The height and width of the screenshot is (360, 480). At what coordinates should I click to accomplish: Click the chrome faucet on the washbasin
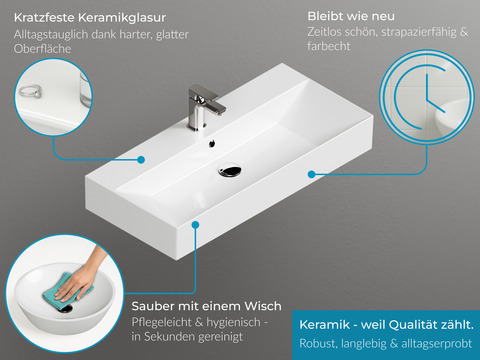click(203, 107)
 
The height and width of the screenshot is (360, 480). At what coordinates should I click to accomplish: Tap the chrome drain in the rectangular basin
click(230, 171)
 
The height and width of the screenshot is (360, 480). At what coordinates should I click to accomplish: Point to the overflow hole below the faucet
click(212, 143)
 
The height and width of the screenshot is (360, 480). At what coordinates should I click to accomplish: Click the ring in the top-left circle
click(30, 91)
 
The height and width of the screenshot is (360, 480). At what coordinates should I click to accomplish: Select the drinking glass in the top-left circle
click(85, 89)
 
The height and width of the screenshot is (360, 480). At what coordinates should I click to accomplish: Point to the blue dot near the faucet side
click(141, 160)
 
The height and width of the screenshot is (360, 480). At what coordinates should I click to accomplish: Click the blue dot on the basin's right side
click(312, 174)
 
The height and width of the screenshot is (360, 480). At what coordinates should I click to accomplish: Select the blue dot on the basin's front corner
click(196, 225)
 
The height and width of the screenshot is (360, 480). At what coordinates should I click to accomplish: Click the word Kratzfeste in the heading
click(45, 18)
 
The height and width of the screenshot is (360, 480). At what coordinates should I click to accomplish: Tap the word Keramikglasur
click(122, 18)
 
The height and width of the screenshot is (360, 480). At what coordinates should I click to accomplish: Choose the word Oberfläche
click(43, 49)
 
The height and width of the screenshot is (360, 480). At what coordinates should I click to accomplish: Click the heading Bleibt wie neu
click(351, 16)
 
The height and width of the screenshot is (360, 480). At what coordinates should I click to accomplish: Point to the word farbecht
click(329, 46)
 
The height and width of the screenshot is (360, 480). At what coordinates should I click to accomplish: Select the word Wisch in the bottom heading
click(263, 306)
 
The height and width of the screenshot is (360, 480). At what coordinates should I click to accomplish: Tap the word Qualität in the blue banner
click(416, 324)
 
